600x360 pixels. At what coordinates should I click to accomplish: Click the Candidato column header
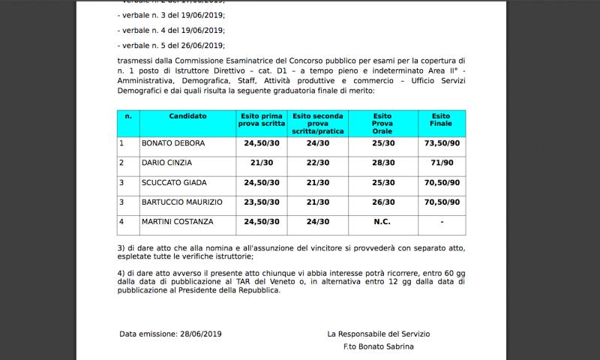pyautogui.click(x=187, y=116)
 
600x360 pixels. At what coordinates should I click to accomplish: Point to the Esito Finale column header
pyautogui.click(x=441, y=121)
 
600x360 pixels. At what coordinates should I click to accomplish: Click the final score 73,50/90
pyautogui.click(x=441, y=142)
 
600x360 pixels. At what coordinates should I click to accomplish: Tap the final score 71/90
pyautogui.click(x=441, y=162)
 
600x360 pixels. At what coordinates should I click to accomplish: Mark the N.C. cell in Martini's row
pyautogui.click(x=382, y=221)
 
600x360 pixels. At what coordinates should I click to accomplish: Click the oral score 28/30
pyautogui.click(x=382, y=162)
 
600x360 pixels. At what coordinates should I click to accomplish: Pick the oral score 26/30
pyautogui.click(x=382, y=202)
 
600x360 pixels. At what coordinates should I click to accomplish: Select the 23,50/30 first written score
pyautogui.click(x=259, y=202)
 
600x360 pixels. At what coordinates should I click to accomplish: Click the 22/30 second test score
pyautogui.click(x=318, y=162)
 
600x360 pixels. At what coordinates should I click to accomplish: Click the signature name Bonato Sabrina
pyautogui.click(x=385, y=347)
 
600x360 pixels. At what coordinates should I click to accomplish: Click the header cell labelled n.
pyautogui.click(x=128, y=116)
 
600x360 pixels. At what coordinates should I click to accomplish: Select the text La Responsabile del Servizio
pyautogui.click(x=378, y=334)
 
